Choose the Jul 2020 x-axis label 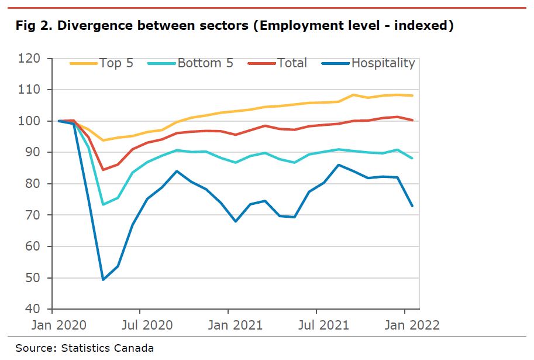pos(140,325)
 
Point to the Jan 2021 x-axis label pos(228,325)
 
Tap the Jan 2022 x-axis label pos(405,325)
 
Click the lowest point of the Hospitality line pos(104,279)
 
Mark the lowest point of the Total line pos(104,170)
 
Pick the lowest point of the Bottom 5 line pos(104,204)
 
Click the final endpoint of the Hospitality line pos(413,205)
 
